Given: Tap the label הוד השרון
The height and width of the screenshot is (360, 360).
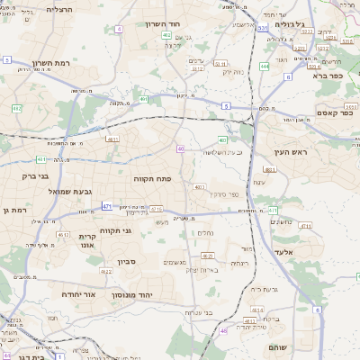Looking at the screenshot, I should (165, 24).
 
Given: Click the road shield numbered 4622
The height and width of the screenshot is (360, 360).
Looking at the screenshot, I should (106, 271).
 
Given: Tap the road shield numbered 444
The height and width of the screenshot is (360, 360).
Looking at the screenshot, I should (264, 66).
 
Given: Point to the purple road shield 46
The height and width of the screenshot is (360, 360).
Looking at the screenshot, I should (222, 331).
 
